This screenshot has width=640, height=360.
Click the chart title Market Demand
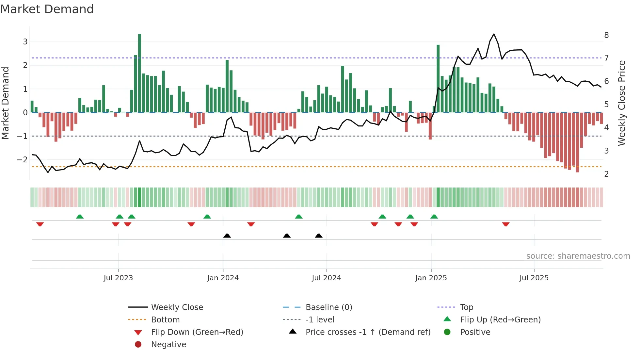(x=47, y=9)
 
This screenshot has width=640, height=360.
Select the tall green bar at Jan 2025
(x=438, y=78)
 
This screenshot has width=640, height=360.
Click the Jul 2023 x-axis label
(x=118, y=278)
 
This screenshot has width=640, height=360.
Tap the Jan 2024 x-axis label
(x=223, y=278)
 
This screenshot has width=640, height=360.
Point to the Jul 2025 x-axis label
(x=534, y=278)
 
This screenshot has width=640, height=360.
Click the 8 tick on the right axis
(x=606, y=35)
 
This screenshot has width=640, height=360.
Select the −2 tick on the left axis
(x=22, y=160)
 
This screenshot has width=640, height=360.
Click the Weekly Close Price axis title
(x=622, y=103)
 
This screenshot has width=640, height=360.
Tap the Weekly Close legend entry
(x=177, y=307)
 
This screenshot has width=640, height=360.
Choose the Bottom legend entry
(x=165, y=320)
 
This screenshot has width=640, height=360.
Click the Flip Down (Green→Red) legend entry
(x=197, y=332)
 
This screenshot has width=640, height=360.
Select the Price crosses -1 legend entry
(x=368, y=332)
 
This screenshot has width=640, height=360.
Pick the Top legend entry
(x=467, y=307)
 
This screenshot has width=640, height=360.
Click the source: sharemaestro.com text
(x=578, y=256)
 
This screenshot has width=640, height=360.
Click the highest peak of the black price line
(x=494, y=34)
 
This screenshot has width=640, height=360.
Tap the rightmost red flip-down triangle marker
(x=506, y=224)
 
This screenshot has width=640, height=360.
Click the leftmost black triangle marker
(x=227, y=236)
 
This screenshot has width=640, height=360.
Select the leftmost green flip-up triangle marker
(x=80, y=217)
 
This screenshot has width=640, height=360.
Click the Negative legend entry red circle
(x=138, y=345)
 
